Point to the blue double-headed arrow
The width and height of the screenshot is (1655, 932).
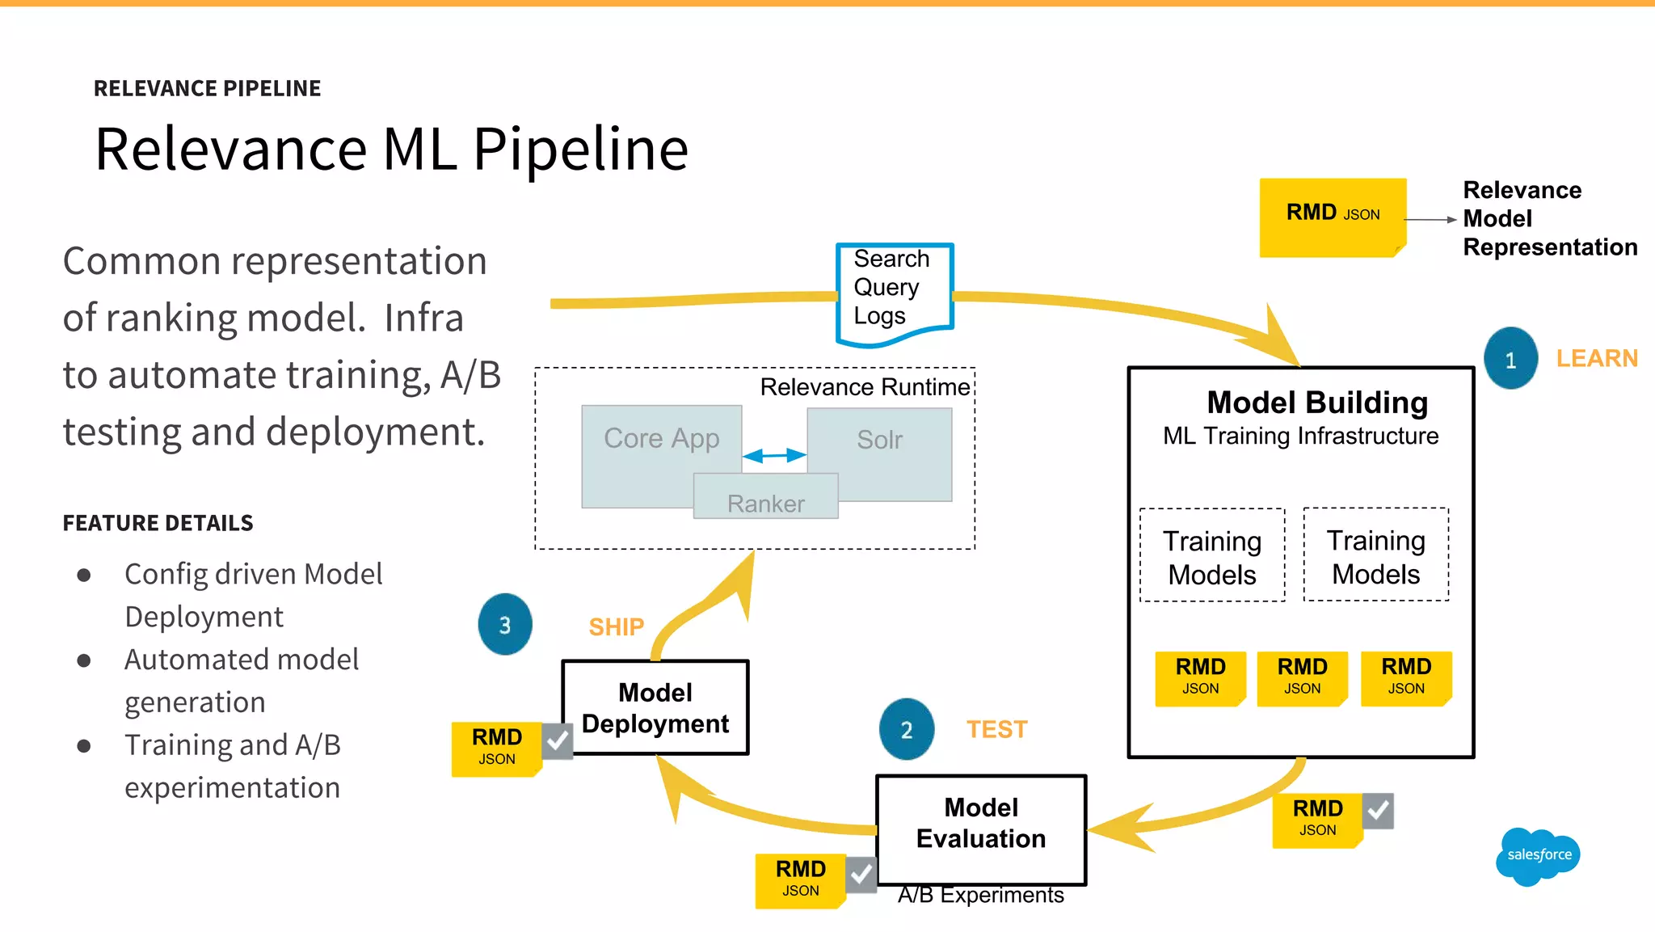(774, 455)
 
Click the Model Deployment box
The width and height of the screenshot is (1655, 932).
(655, 708)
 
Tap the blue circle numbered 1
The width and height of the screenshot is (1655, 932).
(1510, 359)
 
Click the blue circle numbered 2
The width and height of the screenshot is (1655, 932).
(907, 729)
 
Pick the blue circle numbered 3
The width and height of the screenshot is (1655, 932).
(505, 625)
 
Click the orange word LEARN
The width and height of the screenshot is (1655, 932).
(1597, 358)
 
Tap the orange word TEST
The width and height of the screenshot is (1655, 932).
(996, 729)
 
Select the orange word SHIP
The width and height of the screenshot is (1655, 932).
(616, 626)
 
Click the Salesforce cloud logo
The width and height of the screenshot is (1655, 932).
(1538, 856)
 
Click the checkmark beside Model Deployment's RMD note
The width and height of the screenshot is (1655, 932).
(557, 740)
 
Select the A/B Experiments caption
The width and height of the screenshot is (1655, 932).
(980, 896)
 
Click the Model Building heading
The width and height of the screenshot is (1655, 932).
(1316, 403)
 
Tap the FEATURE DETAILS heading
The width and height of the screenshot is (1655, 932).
(158, 523)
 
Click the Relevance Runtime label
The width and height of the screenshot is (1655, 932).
(865, 387)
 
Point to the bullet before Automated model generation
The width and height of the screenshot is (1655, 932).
(84, 660)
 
